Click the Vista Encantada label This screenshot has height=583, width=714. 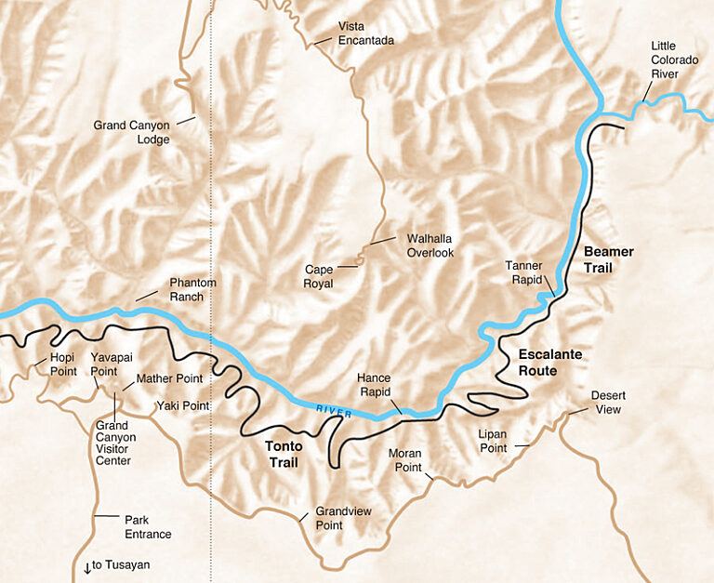(365, 33)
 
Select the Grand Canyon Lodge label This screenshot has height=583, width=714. (131, 132)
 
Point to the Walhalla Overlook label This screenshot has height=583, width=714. (430, 245)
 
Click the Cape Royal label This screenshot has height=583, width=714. (319, 277)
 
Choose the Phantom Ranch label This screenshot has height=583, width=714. (192, 289)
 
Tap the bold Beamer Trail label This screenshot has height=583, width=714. (608, 259)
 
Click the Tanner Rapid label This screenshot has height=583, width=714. (523, 272)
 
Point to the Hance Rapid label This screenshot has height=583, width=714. (374, 385)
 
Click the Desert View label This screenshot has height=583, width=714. (608, 402)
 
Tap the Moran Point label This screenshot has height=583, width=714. (404, 460)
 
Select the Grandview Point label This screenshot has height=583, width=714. (342, 519)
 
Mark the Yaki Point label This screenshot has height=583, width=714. (183, 406)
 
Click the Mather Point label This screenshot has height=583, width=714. (168, 379)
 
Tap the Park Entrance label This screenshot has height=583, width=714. (148, 527)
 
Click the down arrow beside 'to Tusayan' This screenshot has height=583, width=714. (86, 566)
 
